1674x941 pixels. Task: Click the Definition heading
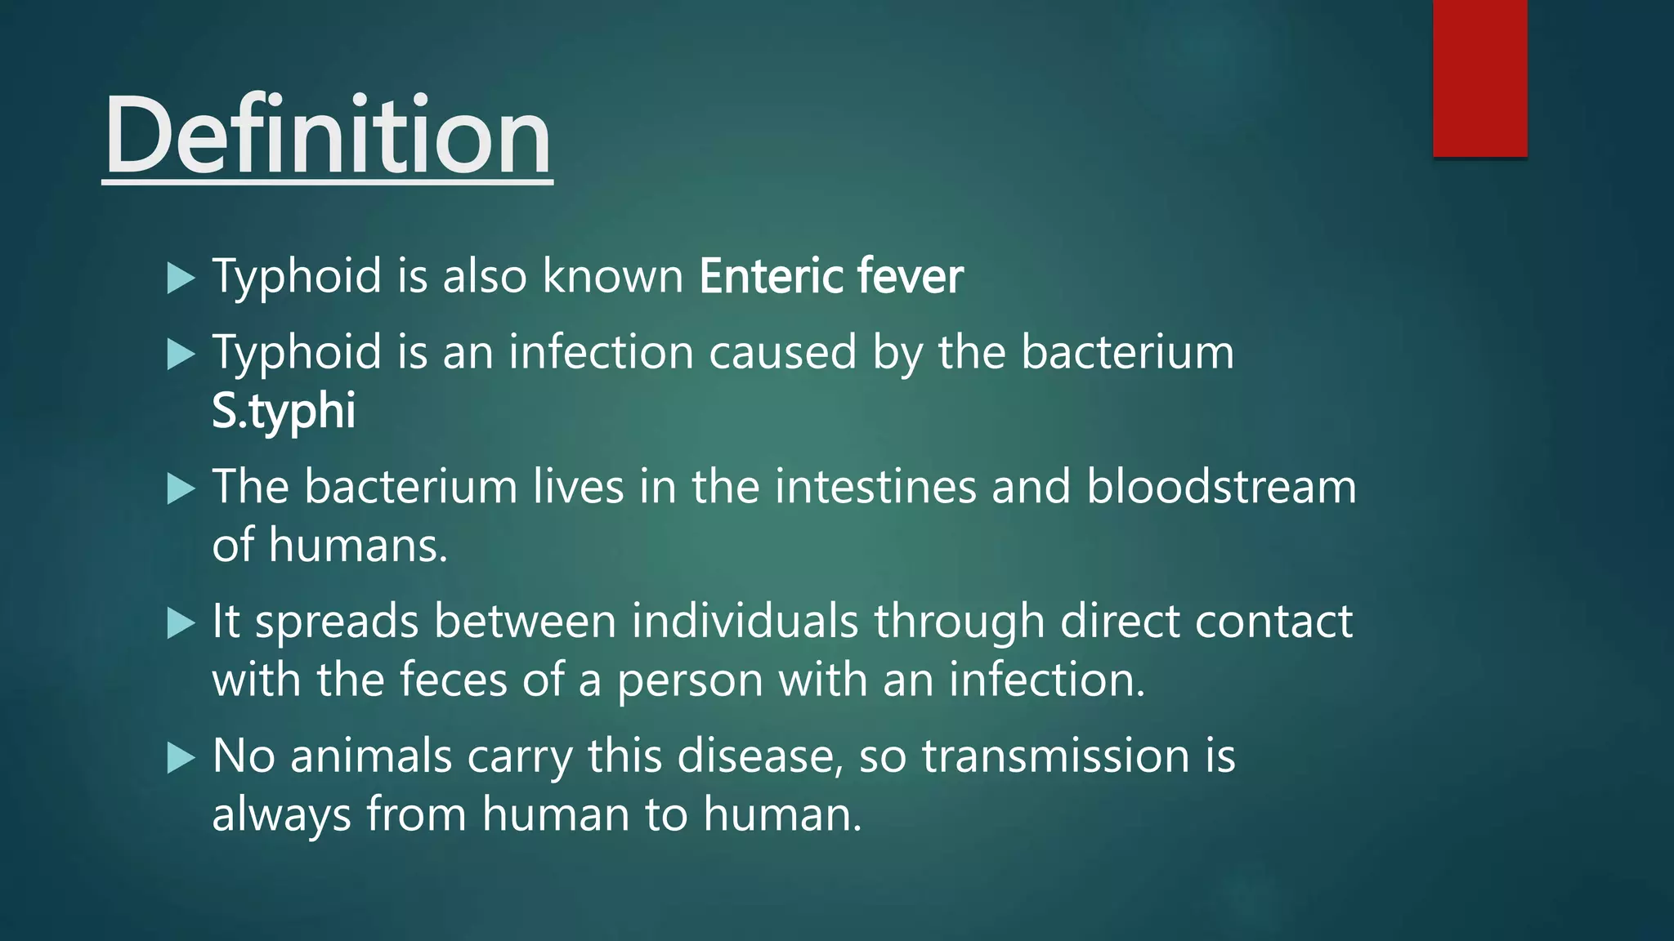click(327, 136)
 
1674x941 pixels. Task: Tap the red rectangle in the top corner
click(1479, 78)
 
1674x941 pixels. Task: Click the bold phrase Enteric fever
click(830, 276)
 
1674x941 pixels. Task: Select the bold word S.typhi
click(284, 410)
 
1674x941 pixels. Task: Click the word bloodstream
click(1221, 487)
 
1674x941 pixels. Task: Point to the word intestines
click(875, 487)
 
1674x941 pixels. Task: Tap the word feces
click(454, 680)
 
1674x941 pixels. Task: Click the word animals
click(371, 756)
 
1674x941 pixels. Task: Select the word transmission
click(1055, 756)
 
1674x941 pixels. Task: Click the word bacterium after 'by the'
click(1127, 352)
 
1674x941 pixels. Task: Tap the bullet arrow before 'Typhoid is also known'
click(181, 278)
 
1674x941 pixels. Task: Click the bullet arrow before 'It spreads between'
click(181, 624)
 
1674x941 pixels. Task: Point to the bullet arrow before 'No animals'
click(181, 758)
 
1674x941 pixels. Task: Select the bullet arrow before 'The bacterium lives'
click(181, 489)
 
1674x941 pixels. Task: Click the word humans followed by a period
click(358, 546)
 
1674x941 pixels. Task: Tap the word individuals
click(745, 622)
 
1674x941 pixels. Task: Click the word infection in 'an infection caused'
click(601, 352)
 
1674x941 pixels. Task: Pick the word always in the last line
click(281, 815)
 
